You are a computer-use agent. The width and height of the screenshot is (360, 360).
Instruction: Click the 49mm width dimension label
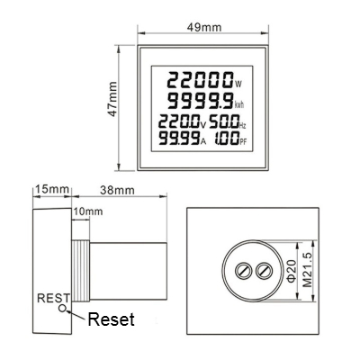(x=204, y=27)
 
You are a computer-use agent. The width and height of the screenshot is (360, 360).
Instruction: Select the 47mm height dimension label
(x=112, y=99)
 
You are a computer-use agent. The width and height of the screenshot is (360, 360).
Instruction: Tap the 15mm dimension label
(x=52, y=190)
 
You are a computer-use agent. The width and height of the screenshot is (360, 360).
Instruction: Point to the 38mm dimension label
(x=117, y=190)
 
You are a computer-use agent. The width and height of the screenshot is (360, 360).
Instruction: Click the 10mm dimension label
(x=88, y=211)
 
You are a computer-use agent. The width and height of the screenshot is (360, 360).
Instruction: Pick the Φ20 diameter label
(x=292, y=271)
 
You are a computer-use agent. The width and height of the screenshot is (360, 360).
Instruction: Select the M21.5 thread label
(x=307, y=270)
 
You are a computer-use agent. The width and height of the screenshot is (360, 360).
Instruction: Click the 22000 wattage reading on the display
(x=200, y=80)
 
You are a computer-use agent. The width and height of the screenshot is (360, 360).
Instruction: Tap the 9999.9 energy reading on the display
(x=201, y=101)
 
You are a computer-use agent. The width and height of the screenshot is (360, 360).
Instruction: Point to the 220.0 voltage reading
(x=179, y=121)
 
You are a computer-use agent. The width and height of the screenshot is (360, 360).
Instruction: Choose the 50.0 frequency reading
(x=224, y=121)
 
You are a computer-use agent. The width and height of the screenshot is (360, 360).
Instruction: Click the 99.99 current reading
(x=179, y=138)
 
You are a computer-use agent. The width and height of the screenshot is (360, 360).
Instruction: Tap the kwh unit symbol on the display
(x=239, y=104)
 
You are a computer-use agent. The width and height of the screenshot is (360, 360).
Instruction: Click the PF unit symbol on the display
(x=243, y=142)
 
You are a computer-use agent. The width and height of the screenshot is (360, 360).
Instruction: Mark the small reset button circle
(x=62, y=308)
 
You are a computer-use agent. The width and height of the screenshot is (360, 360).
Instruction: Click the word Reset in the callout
(x=111, y=319)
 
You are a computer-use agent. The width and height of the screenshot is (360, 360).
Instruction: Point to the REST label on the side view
(x=53, y=298)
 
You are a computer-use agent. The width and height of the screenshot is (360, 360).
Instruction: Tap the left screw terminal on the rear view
(x=243, y=271)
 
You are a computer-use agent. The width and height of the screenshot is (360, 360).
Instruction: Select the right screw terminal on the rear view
(x=264, y=271)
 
